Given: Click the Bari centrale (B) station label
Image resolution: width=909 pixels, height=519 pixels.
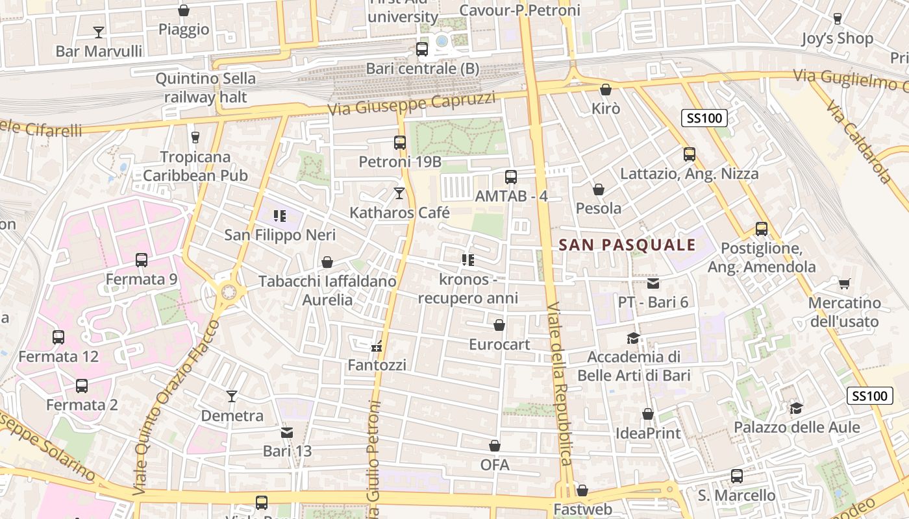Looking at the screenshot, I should click(x=422, y=68).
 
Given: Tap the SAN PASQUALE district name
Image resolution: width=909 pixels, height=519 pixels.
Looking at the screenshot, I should click(x=627, y=245).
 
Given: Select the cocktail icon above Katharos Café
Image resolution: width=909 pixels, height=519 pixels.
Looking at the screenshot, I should click(x=399, y=193).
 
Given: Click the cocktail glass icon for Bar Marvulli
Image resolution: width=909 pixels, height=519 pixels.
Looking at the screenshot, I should click(x=99, y=32).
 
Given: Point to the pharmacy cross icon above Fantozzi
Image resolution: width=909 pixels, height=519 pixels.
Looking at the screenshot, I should click(x=377, y=346).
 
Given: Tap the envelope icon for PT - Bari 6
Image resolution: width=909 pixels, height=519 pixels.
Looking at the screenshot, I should click(x=653, y=284).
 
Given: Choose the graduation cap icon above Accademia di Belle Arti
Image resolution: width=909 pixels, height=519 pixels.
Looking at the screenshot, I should click(x=633, y=338).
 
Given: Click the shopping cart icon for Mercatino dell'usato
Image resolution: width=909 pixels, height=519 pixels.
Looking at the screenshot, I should click(x=844, y=284).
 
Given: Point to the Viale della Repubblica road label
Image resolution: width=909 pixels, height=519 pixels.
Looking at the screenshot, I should click(x=559, y=383).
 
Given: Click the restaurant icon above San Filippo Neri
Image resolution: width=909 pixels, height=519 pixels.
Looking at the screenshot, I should click(x=280, y=215).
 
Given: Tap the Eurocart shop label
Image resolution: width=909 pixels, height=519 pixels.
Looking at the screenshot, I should click(x=499, y=344).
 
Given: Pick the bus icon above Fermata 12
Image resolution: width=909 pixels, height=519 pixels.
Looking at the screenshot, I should click(x=58, y=337).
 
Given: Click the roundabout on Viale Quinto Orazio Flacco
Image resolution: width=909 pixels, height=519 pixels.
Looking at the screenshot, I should click(x=228, y=292).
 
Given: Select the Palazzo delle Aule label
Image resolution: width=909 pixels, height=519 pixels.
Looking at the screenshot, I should click(x=797, y=428).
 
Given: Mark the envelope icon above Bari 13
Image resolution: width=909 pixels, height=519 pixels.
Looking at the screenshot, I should click(x=286, y=432).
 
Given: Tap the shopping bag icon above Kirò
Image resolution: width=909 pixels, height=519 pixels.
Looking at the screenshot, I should click(x=606, y=90).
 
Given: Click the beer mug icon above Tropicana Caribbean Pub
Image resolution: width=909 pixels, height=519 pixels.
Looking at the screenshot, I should click(x=195, y=137).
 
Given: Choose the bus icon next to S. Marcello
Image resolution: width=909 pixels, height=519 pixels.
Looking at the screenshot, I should click(x=737, y=476).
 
